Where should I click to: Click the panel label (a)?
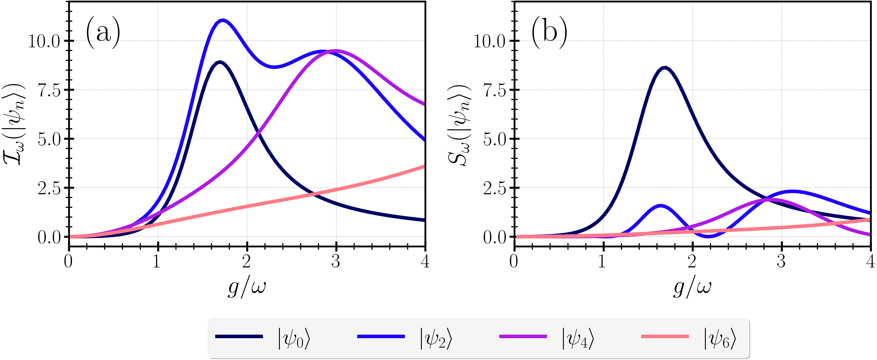(103, 33)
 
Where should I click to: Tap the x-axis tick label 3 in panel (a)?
(336, 261)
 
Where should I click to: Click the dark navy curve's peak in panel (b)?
(665, 68)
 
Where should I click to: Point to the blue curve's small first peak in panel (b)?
(661, 206)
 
